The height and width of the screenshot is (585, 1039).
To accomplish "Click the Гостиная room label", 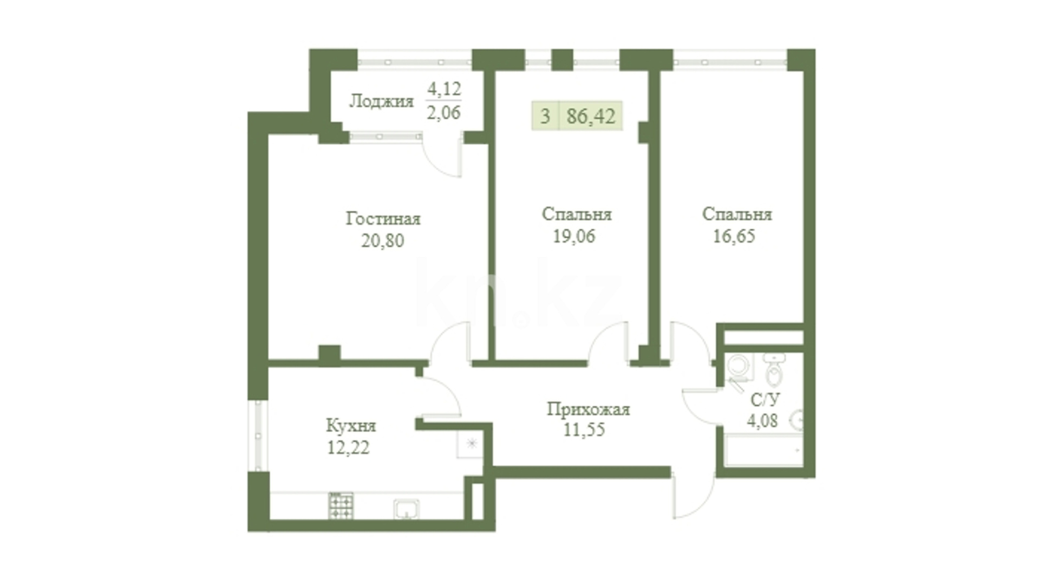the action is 383,219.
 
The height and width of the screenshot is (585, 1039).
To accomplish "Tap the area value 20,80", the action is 383,240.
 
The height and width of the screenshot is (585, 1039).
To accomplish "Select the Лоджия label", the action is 381,101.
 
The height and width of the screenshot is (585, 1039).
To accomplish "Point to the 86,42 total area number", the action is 591,116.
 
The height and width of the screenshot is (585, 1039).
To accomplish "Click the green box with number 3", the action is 545,116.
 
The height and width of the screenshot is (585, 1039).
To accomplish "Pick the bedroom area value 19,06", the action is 574,236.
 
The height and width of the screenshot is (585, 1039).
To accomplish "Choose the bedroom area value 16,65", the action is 734,236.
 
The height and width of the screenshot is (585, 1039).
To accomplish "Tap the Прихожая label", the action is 589,409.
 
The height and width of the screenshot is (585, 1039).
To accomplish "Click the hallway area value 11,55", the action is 584,430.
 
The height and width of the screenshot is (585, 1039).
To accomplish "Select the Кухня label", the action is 351,426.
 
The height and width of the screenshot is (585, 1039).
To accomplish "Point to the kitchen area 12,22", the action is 348,448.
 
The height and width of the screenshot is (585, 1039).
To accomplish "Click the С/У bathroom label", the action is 765,400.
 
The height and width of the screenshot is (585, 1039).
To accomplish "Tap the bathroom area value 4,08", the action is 762,421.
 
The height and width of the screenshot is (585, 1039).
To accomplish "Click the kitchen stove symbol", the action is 341,505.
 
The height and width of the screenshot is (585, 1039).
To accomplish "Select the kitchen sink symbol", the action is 406,509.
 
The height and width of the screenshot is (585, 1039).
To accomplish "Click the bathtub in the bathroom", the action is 763,449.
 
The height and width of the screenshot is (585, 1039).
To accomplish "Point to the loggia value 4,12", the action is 444,88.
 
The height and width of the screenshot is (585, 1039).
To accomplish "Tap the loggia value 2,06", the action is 443,113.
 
